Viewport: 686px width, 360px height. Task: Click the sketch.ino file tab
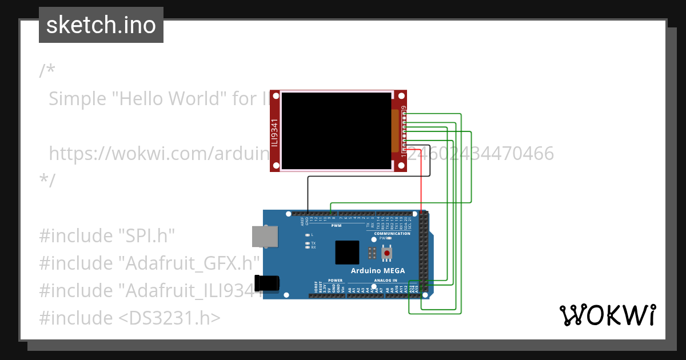point(101,25)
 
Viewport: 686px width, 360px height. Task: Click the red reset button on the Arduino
point(387,253)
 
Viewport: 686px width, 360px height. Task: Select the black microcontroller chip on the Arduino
point(347,252)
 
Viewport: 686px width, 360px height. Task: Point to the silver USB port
point(265,237)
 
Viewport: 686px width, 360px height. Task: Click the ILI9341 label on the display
point(275,132)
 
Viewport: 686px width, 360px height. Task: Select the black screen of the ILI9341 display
point(336,131)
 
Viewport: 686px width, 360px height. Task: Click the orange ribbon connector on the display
point(394,131)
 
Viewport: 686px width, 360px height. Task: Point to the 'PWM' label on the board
point(337,225)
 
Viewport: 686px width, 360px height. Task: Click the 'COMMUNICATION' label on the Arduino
point(392,233)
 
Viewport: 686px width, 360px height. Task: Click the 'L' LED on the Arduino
point(308,235)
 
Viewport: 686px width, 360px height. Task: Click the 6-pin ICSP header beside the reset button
point(372,253)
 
